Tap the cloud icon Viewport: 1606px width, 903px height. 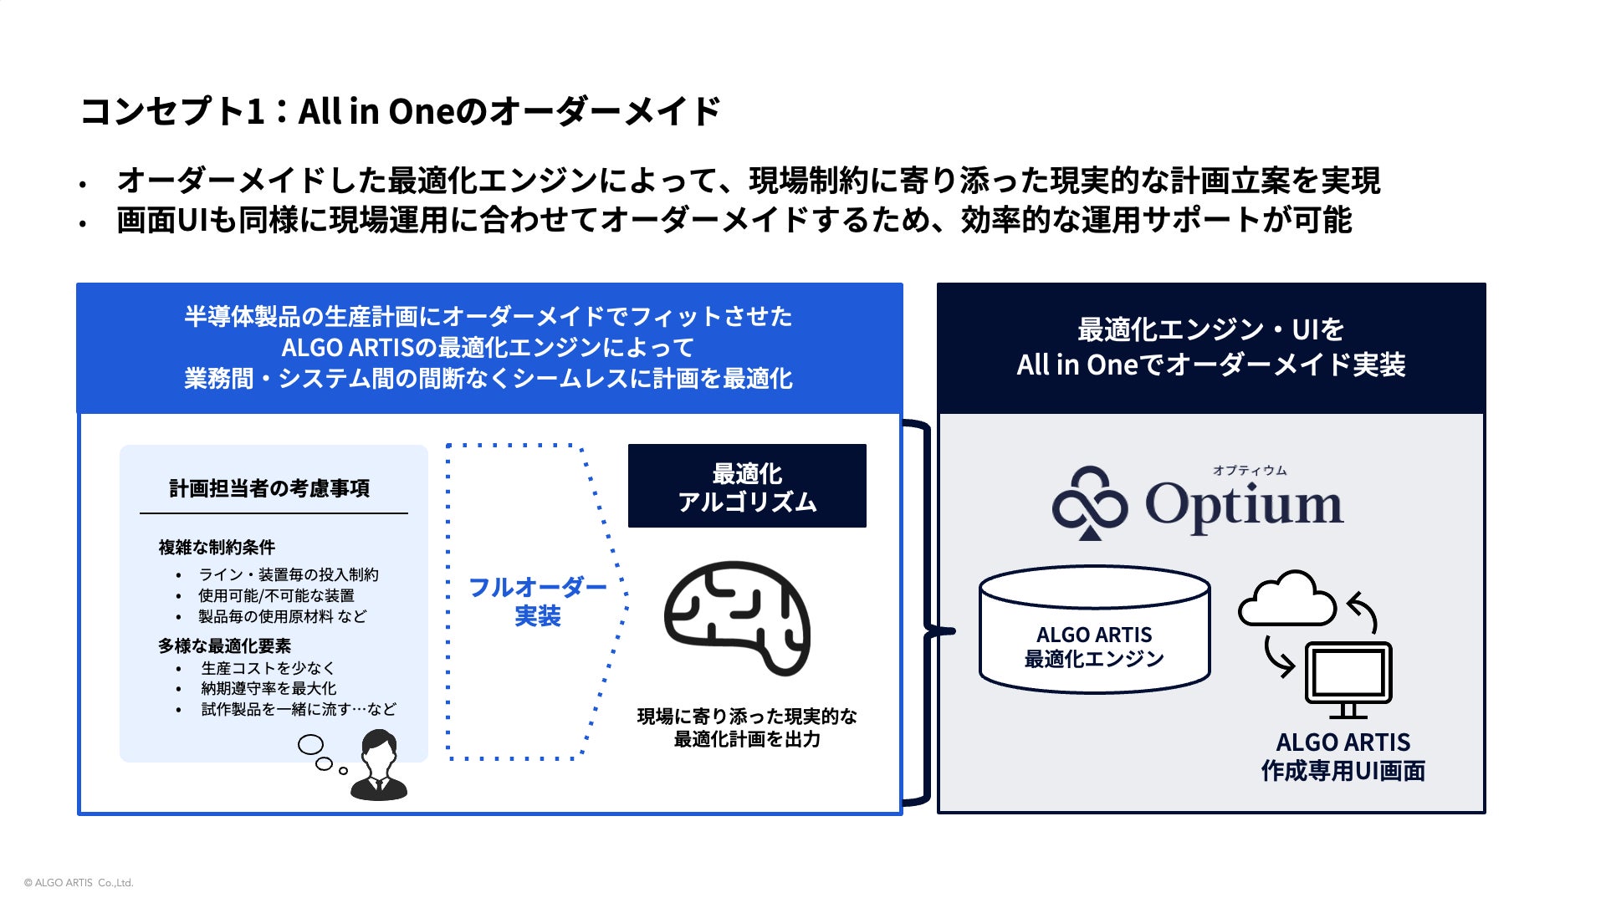coord(1286,599)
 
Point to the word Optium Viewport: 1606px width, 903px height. coord(1244,505)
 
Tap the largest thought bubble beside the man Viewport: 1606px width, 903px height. coord(311,743)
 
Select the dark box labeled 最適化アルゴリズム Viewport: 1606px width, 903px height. coord(747,486)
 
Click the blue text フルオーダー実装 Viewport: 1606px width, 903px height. coord(537,601)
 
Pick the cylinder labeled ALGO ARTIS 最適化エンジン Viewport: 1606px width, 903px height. coord(1094,630)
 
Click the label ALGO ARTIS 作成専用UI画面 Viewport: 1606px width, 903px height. coord(1343,756)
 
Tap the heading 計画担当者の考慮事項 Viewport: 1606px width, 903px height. coord(269,488)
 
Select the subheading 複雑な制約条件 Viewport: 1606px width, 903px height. coord(217,548)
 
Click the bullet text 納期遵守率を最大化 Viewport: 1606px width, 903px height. coord(269,688)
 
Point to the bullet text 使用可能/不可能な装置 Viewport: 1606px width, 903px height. coord(276,595)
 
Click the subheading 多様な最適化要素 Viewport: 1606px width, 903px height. coord(224,645)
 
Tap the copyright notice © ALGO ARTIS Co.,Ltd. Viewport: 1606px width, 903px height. coord(79,883)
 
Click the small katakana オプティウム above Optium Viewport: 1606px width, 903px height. coord(1249,471)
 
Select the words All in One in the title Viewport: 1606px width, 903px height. coord(376,111)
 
